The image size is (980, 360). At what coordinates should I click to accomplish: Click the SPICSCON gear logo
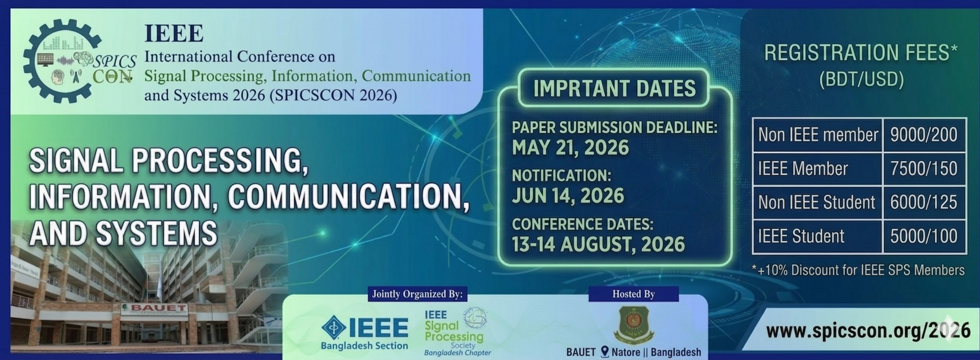(79, 61)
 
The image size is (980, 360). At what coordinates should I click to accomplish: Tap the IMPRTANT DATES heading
(614, 88)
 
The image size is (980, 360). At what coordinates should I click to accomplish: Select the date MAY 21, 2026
(570, 148)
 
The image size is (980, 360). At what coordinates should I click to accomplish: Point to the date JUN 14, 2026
(568, 196)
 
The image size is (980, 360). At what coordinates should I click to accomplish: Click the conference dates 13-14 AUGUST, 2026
(598, 244)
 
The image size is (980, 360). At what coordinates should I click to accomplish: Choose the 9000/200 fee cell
(923, 135)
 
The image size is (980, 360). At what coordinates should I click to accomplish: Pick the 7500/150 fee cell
(923, 169)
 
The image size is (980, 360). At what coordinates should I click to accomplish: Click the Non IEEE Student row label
(816, 202)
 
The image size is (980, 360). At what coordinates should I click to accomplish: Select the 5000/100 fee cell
(923, 237)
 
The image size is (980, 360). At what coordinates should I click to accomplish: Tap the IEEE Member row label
(803, 169)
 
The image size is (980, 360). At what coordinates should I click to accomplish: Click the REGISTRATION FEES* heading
(861, 53)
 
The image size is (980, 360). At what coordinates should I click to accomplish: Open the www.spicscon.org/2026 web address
(868, 331)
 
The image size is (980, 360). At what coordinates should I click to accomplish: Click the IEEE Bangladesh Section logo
(365, 332)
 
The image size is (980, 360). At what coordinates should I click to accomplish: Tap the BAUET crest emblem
(633, 325)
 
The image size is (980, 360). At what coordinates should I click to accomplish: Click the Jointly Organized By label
(418, 294)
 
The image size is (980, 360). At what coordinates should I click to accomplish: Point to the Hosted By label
(633, 294)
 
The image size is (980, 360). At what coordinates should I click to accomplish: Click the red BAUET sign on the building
(155, 309)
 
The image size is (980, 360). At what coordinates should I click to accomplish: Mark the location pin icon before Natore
(605, 352)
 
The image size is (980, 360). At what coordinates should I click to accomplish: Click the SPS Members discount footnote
(858, 271)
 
